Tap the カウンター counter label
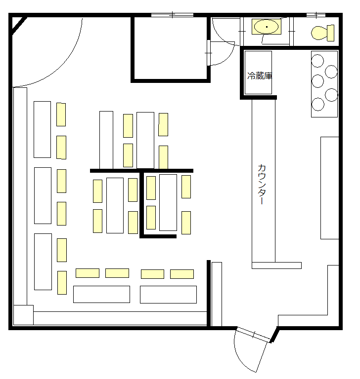pos(263,185)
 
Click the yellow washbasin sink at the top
pos(266,27)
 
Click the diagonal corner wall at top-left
pos(18,26)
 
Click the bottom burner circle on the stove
pos(318,104)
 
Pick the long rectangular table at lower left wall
pos(43,261)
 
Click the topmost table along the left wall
pos(43,129)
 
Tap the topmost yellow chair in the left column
pos(61,114)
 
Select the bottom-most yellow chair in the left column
pos(62,283)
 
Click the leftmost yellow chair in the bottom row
pos(88,273)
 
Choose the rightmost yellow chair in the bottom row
pos(182,274)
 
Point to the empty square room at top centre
pos(170,48)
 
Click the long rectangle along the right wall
pos(329,188)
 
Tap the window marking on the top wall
pos(172,15)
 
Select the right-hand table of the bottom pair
pos(168,294)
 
